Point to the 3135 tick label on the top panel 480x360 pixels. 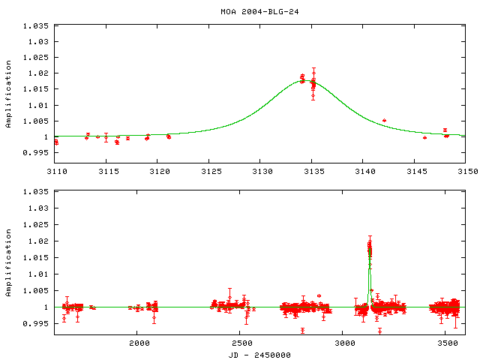tap(311, 171)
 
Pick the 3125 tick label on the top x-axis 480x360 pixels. tap(209, 171)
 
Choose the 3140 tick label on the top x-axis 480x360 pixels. tap(363, 171)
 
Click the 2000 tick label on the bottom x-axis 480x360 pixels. tap(138, 343)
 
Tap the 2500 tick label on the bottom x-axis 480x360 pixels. tap(240, 343)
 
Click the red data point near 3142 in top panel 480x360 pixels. tap(384, 120)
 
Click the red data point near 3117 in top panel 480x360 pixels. tap(127, 138)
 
